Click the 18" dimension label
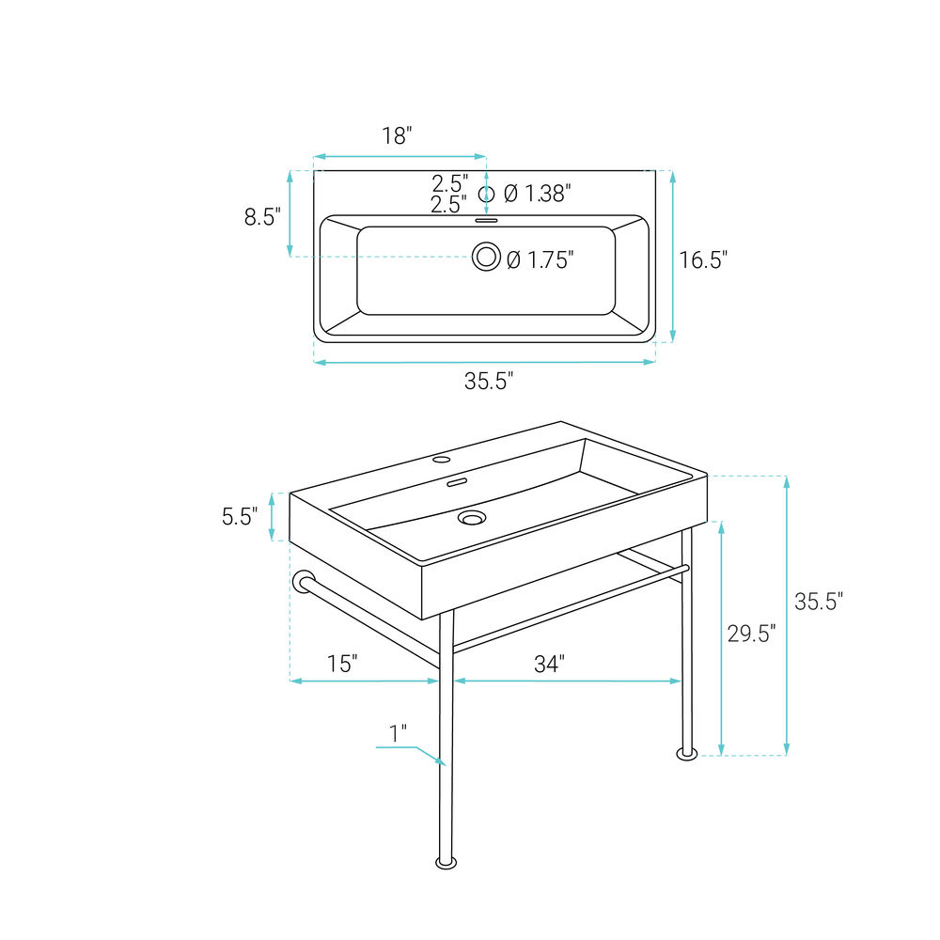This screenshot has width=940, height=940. (398, 136)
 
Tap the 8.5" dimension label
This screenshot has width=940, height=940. (262, 216)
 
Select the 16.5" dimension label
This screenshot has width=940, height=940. (703, 259)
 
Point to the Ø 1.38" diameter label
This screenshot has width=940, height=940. (537, 194)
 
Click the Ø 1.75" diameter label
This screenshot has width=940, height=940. (540, 259)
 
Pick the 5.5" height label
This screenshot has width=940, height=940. (240, 516)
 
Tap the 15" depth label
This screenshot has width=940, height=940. (342, 664)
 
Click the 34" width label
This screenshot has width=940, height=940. (549, 664)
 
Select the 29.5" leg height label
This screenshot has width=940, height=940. (751, 633)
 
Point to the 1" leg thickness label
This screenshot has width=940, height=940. (398, 733)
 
